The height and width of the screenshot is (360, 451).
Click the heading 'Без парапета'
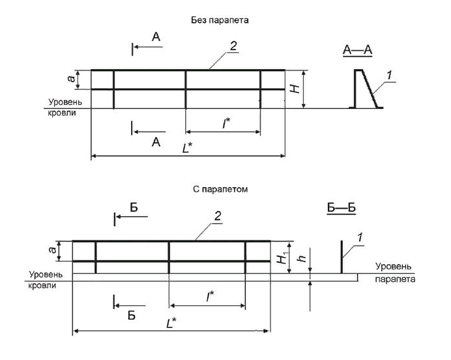point(225,20)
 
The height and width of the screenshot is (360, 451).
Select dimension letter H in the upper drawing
point(295,89)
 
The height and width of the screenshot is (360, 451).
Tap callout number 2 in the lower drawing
point(218,216)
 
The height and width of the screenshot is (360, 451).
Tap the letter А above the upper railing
point(156,39)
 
